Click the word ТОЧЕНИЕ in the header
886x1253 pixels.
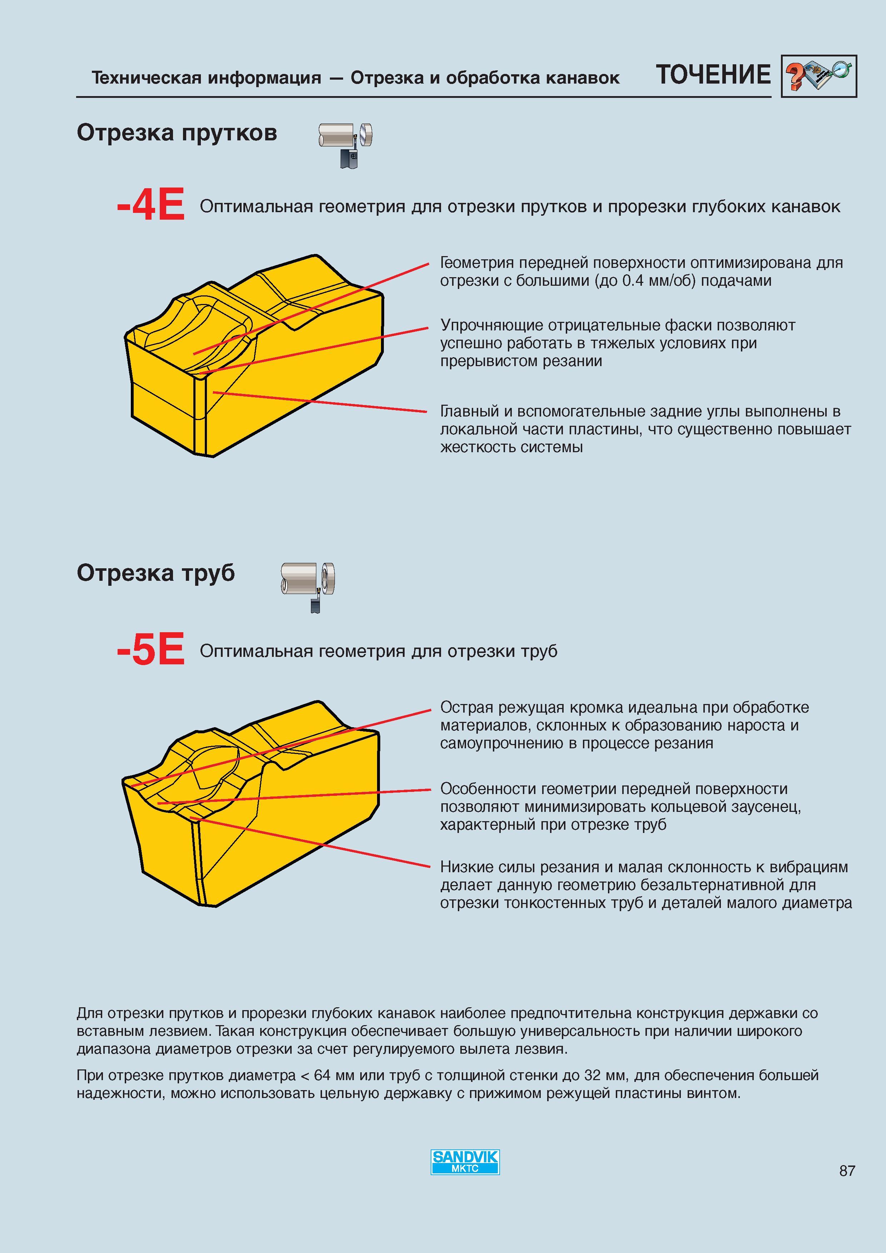tap(713, 75)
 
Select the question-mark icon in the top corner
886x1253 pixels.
tap(818, 76)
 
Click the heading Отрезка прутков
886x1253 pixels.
tap(177, 133)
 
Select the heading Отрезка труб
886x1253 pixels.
tap(155, 573)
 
